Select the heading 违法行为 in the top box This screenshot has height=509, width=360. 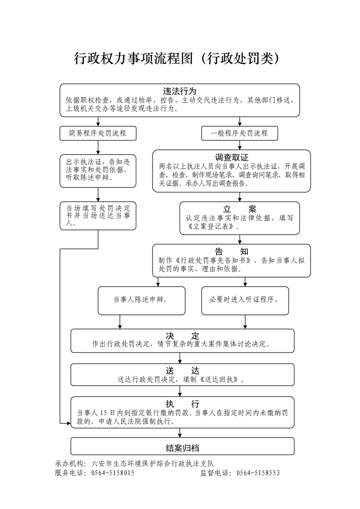tap(180, 90)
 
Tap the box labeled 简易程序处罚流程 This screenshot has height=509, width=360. tap(98, 133)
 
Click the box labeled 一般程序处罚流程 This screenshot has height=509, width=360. tap(239, 133)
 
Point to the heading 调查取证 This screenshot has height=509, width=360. tap(232, 157)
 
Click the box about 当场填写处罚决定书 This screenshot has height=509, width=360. tap(98, 216)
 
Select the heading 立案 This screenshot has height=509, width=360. tap(240, 209)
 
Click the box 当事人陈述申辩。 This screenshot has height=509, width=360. tap(139, 300)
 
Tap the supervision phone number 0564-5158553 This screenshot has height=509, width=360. tap(258, 472)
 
